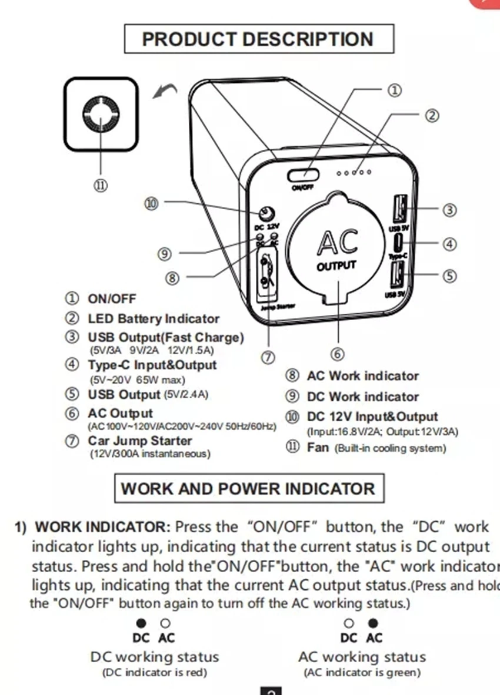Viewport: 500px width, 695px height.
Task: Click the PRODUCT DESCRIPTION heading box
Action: pyautogui.click(x=258, y=39)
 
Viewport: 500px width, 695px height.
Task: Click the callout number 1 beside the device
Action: pyautogui.click(x=394, y=90)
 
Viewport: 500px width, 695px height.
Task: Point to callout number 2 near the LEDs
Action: pyautogui.click(x=432, y=116)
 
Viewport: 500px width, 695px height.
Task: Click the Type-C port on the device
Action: pyautogui.click(x=399, y=241)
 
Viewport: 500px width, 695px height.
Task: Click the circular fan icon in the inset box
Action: pyautogui.click(x=101, y=114)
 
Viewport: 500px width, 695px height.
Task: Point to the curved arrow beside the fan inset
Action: pyautogui.click(x=165, y=91)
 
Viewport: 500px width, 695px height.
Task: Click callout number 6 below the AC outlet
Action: pyautogui.click(x=337, y=354)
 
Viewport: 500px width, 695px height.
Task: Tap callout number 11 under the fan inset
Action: pyautogui.click(x=101, y=186)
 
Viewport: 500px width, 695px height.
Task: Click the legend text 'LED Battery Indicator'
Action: pyautogui.click(x=153, y=319)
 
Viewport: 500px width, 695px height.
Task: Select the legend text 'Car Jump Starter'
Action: pyautogui.click(x=140, y=441)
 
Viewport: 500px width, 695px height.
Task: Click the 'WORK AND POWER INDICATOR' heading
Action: pyautogui.click(x=248, y=489)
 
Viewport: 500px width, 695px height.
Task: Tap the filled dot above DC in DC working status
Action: pyautogui.click(x=141, y=623)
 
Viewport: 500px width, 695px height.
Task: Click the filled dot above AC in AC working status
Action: pyautogui.click(x=373, y=623)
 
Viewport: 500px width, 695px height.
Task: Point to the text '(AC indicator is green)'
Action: pyautogui.click(x=362, y=673)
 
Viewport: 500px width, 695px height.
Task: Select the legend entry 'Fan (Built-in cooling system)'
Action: pyautogui.click(x=376, y=448)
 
